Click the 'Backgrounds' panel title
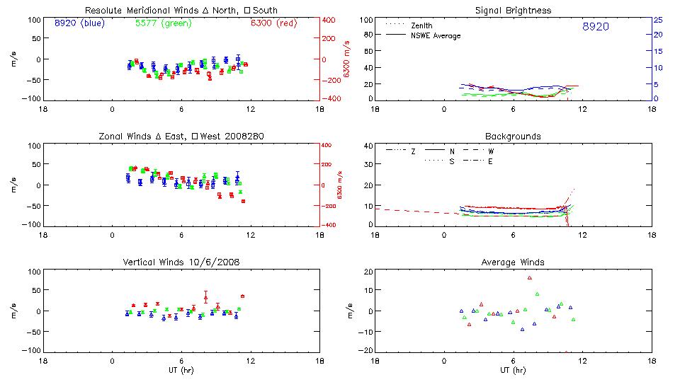[x=513, y=136]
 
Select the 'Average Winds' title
[x=513, y=262]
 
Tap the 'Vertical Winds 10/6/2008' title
[x=181, y=262]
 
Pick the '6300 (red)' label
[x=273, y=23]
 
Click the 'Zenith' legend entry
[x=423, y=25]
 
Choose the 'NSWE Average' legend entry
[x=436, y=35]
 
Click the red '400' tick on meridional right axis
[x=330, y=20]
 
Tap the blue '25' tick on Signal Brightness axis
[x=657, y=20]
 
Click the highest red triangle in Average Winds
[x=529, y=278]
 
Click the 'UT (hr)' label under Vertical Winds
[x=181, y=371]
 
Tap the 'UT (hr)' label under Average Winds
[x=513, y=371]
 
